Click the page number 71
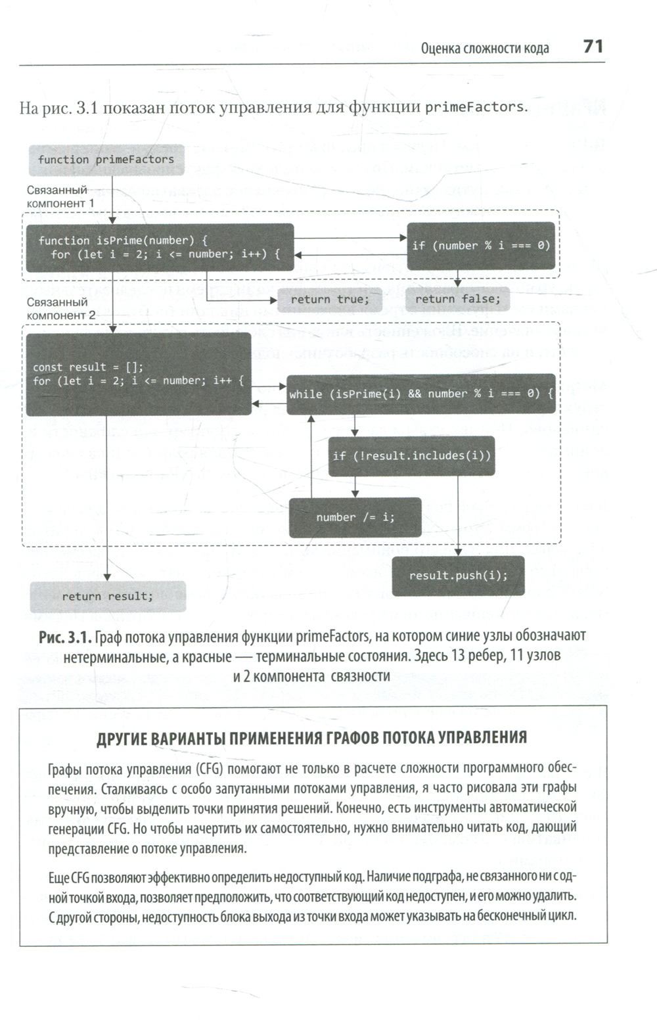pyautogui.click(x=593, y=47)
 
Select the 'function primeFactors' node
pyautogui.click(x=106, y=160)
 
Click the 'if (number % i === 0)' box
pyautogui.click(x=481, y=246)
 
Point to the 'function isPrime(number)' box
pyautogui.click(x=159, y=247)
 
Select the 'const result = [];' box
pyautogui.click(x=138, y=375)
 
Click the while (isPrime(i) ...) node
pyautogui.click(x=421, y=394)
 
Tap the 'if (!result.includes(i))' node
pyautogui.click(x=411, y=456)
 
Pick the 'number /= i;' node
pyautogui.click(x=355, y=518)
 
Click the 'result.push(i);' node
pyautogui.click(x=458, y=576)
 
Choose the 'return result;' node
pyautogui.click(x=108, y=597)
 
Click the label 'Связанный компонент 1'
pyautogui.click(x=60, y=197)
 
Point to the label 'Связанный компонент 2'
pyautogui.click(x=60, y=309)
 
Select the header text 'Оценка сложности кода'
pyautogui.click(x=485, y=48)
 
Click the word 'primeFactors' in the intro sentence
pyautogui.click(x=474, y=107)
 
